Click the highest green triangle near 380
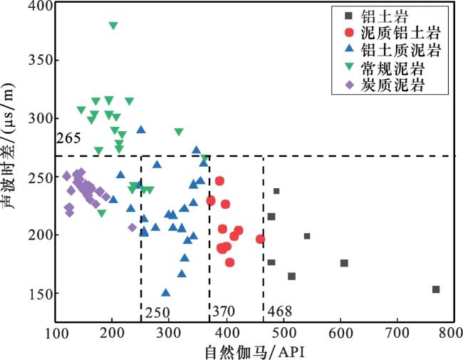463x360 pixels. [113, 26]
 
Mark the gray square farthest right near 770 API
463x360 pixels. [436, 289]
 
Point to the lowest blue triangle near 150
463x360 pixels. [166, 292]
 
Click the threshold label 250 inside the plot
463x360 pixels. [157, 312]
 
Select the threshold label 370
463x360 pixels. [224, 312]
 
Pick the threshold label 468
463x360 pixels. [279, 312]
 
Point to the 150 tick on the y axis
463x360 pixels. [42, 294]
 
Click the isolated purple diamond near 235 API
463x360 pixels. [132, 227]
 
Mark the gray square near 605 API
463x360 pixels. [344, 263]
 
